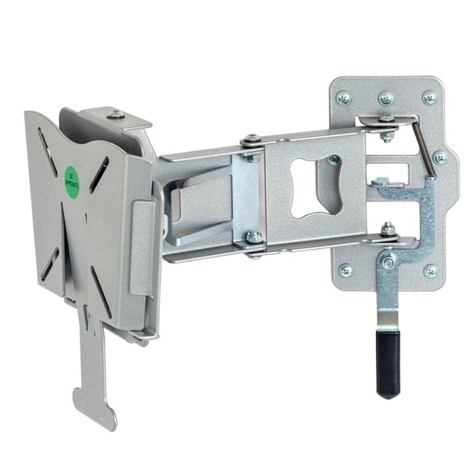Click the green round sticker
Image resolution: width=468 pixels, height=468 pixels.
pos(72,182)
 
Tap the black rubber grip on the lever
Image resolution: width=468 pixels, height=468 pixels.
pos(388,363)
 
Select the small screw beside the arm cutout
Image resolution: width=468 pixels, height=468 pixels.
pos(335,160)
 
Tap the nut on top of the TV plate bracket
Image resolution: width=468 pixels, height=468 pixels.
pos(116,115)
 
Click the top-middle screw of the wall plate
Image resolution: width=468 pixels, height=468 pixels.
pos(386,98)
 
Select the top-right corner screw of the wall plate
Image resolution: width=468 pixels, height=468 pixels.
pos(429,97)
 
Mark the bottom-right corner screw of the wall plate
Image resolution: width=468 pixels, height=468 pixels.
pos(431,271)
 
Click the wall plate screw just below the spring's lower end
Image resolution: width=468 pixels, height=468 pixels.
pos(441,157)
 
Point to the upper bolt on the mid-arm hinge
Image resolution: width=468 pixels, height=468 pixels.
pos(251,142)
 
